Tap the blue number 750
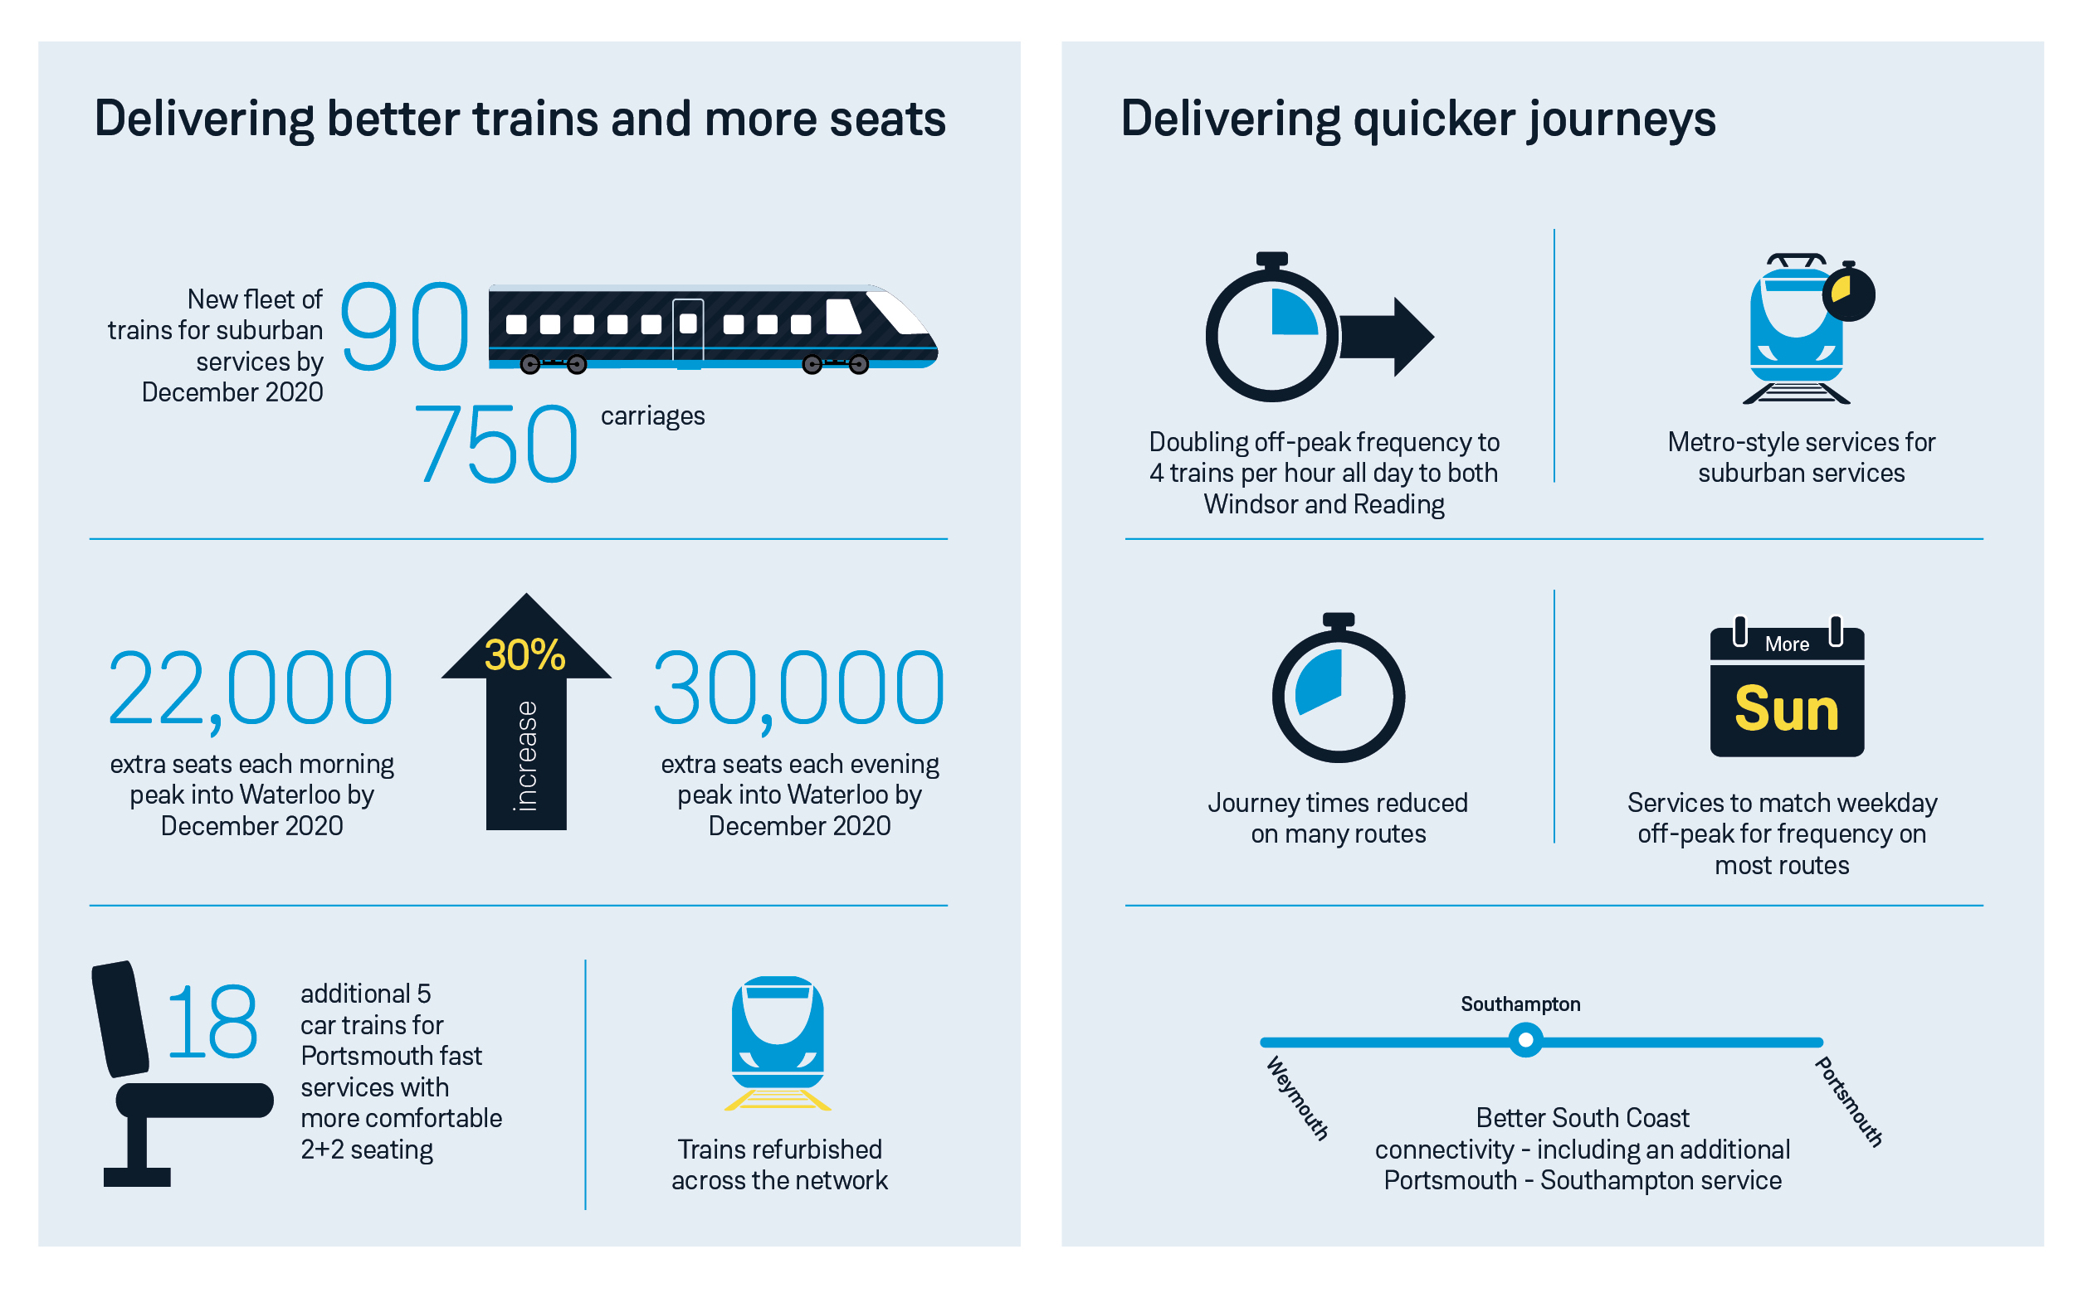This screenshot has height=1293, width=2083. tap(496, 445)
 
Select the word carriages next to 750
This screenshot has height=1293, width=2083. tap(653, 416)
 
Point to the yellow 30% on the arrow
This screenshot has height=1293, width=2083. tap(525, 656)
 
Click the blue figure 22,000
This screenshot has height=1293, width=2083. tap(250, 689)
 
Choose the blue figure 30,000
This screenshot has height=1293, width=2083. tap(799, 689)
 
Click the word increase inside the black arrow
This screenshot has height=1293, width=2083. tap(526, 756)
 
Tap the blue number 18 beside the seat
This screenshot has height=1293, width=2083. tap(212, 1023)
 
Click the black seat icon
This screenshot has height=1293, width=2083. tap(171, 1077)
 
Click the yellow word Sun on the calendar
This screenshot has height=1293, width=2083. tap(1787, 710)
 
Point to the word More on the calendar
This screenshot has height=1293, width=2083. tap(1787, 644)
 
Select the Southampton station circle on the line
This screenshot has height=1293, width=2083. tap(1525, 1042)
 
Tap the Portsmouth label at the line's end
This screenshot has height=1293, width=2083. tap(1849, 1101)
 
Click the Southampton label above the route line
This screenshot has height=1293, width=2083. tap(1520, 1004)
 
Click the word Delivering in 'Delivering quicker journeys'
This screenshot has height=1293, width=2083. tap(1230, 119)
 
